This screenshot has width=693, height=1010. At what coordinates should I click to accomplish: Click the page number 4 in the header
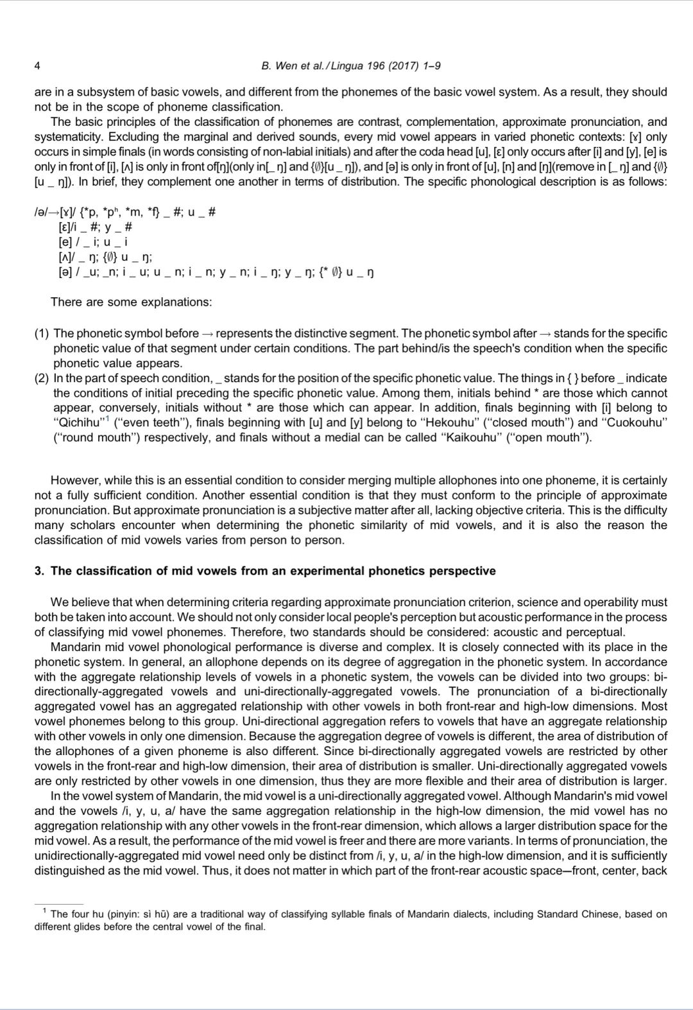37,66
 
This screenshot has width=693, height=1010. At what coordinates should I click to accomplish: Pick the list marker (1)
41,333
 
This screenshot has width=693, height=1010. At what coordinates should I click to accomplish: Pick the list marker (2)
41,378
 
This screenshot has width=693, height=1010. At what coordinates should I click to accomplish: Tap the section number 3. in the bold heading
39,571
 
